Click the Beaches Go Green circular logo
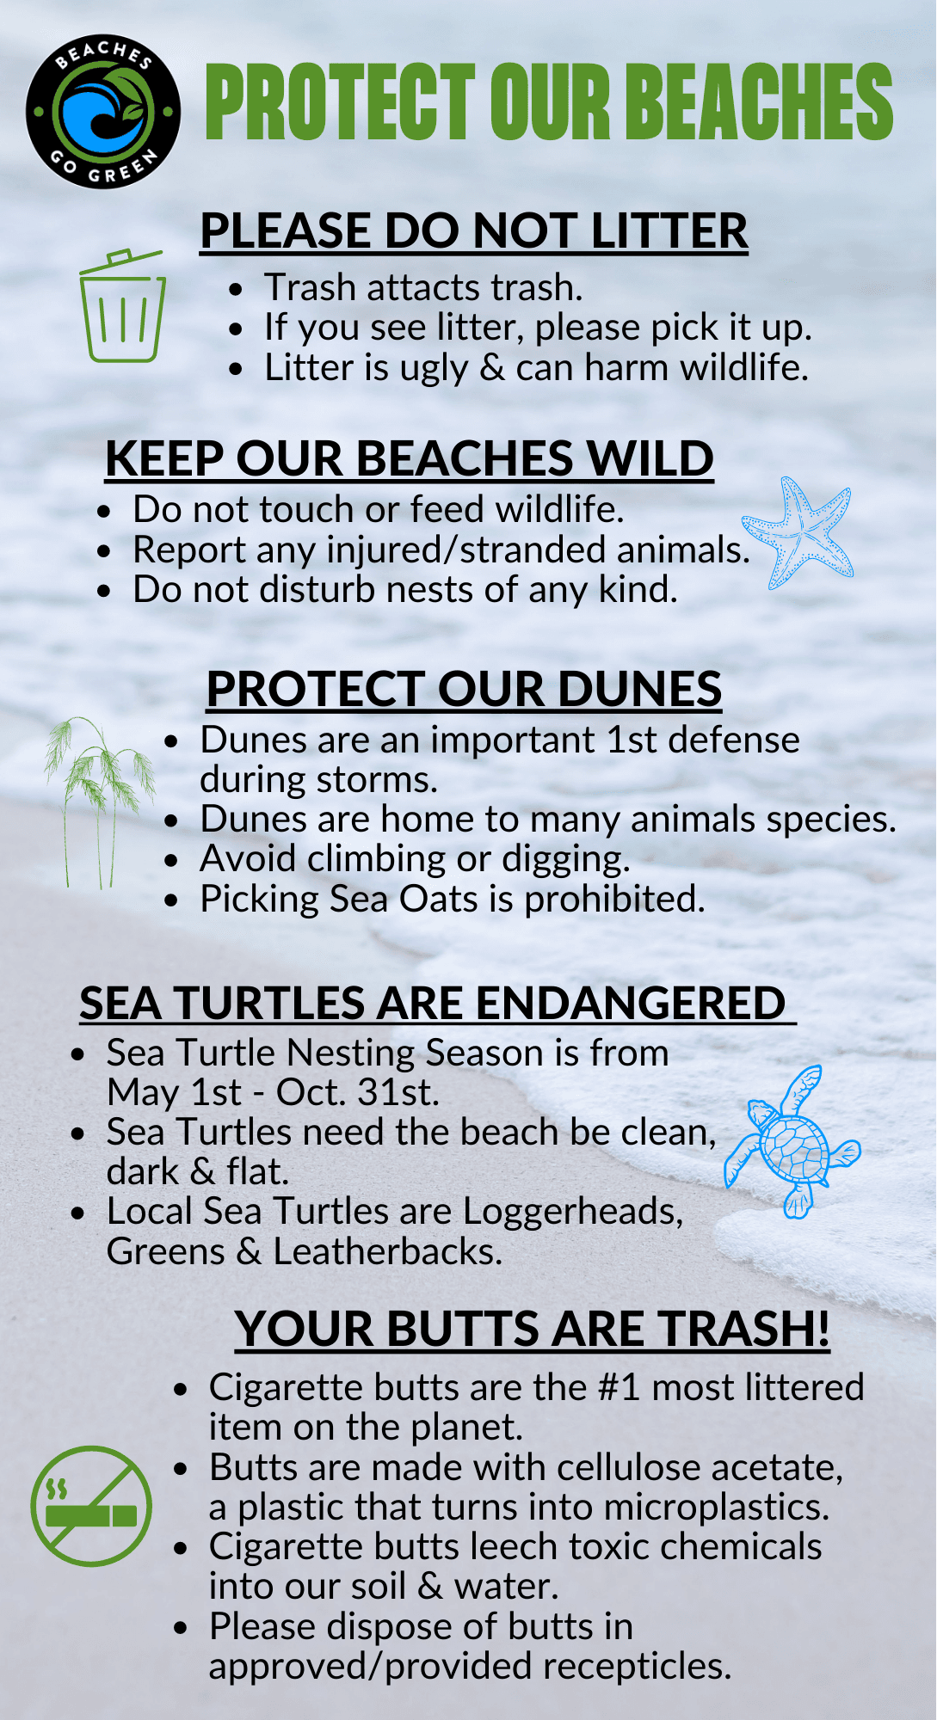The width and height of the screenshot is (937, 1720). tap(103, 112)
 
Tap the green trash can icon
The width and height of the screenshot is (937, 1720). tap(122, 307)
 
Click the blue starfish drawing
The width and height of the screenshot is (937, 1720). tap(798, 533)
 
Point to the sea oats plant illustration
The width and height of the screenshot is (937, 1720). tap(99, 800)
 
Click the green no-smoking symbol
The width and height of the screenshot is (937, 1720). tap(91, 1506)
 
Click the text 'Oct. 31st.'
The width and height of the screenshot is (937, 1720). tap(358, 1092)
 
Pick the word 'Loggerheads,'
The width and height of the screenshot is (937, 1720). tap(573, 1212)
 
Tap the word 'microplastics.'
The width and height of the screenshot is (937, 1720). tap(717, 1507)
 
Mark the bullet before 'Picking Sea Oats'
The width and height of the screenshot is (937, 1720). tap(173, 900)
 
